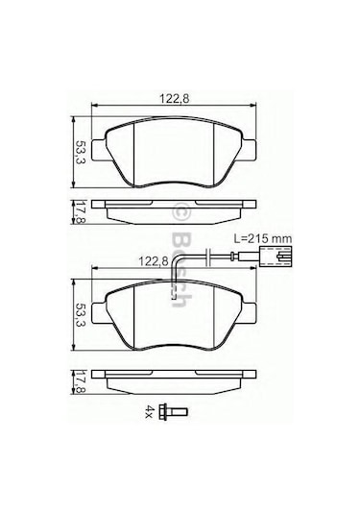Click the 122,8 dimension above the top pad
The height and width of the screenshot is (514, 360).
174,99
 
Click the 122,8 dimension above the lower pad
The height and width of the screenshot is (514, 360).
154,261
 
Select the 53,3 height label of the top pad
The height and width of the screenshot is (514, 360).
80,153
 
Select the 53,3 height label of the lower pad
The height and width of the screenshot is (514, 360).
80,315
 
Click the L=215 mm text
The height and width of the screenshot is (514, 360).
263,238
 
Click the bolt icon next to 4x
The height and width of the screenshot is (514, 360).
172,410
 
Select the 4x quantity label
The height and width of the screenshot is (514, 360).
150,410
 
